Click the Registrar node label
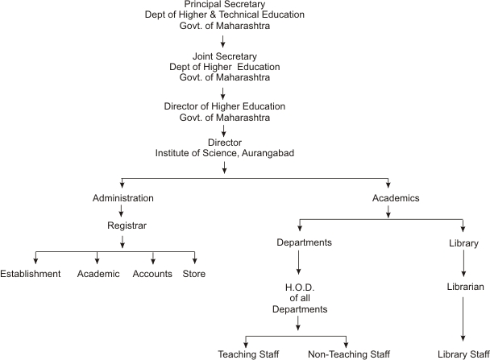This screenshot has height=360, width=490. pyautogui.click(x=127, y=226)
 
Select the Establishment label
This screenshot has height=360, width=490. pyautogui.click(x=31, y=274)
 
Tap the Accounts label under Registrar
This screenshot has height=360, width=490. pyautogui.click(x=152, y=274)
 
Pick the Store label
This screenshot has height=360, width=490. pyautogui.click(x=194, y=274)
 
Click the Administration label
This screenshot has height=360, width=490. pyautogui.click(x=122, y=198)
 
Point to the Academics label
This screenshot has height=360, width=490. pyautogui.click(x=396, y=198)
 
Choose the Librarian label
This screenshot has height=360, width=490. pyautogui.click(x=465, y=287)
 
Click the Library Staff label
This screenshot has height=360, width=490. pyautogui.click(x=463, y=354)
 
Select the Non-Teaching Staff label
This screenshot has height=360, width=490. pyautogui.click(x=349, y=354)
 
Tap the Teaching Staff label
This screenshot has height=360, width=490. pyautogui.click(x=248, y=354)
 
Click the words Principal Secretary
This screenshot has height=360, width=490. pyautogui.click(x=224, y=4)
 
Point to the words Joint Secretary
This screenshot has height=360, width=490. pyautogui.click(x=224, y=56)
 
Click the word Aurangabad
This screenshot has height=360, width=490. pyautogui.click(x=268, y=153)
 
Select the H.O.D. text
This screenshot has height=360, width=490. pyautogui.click(x=300, y=288)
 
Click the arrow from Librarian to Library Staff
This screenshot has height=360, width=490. pyautogui.click(x=463, y=319)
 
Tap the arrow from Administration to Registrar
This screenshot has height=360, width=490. pyautogui.click(x=121, y=211)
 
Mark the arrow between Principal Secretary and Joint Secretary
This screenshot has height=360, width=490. pyautogui.click(x=222, y=41)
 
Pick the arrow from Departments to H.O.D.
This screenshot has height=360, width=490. pyautogui.click(x=298, y=263)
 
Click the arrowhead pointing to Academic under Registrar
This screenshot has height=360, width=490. pyautogui.click(x=98, y=260)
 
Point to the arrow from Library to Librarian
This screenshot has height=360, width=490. pyautogui.click(x=463, y=263)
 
